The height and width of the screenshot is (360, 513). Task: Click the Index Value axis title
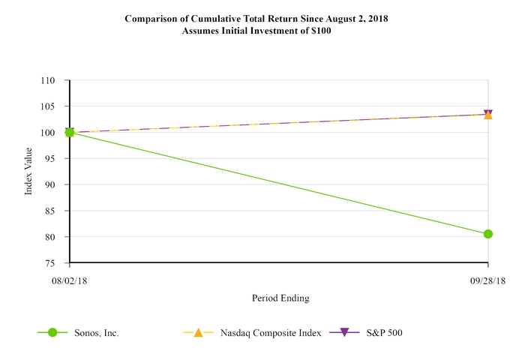[29, 172]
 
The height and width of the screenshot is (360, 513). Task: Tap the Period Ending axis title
[280, 298]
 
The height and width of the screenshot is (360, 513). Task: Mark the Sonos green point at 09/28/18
[488, 234]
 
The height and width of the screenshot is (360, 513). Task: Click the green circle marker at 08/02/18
[70, 133]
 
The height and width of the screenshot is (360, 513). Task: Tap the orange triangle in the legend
[199, 332]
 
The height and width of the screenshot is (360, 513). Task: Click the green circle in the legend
[52, 332]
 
